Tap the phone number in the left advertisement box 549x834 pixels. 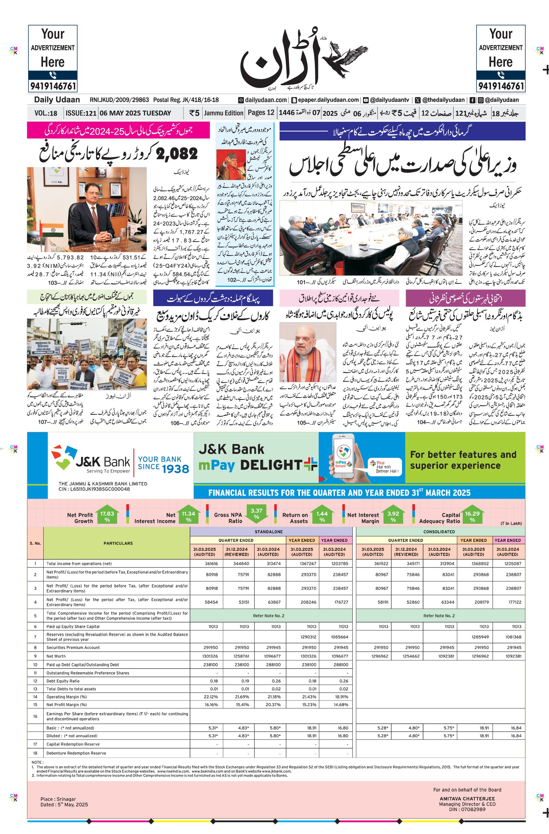(x=52, y=86)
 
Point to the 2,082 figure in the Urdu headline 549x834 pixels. (x=177, y=154)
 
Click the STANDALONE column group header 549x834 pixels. (x=269, y=532)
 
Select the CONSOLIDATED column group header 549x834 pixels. (x=439, y=532)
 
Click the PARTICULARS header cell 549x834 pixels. (x=118, y=543)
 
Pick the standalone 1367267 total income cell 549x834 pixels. (x=302, y=564)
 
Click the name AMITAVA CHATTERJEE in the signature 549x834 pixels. (x=467, y=799)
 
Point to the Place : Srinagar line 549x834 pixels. (x=58, y=799)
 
